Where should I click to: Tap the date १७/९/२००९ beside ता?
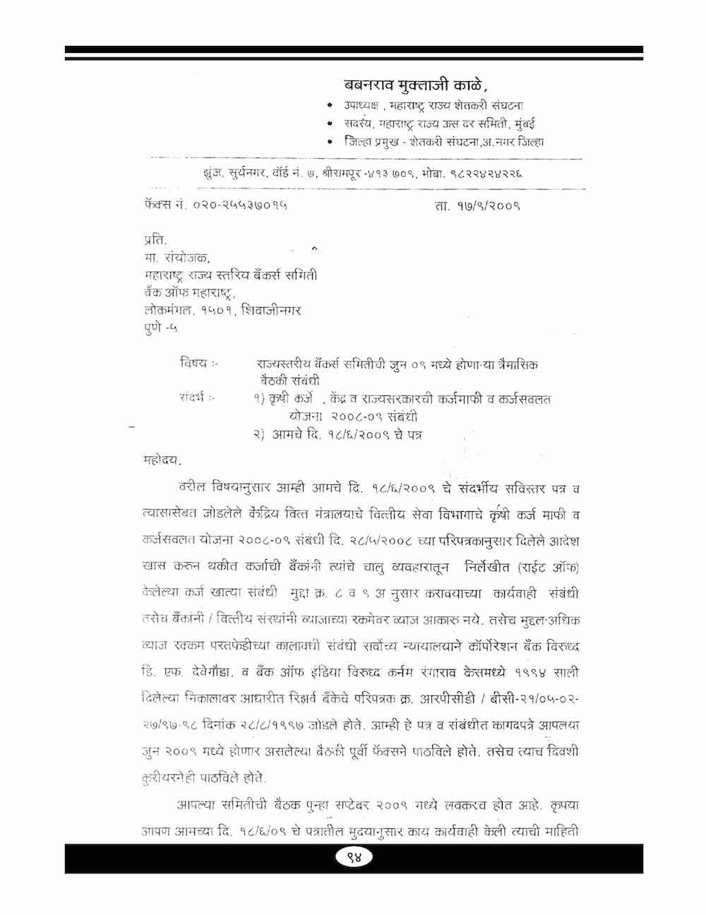[x=486, y=205]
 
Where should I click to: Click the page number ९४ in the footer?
[x=354, y=858]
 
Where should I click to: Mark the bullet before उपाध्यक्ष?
[x=330, y=105]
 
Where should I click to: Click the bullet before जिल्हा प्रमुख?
[x=330, y=143]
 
